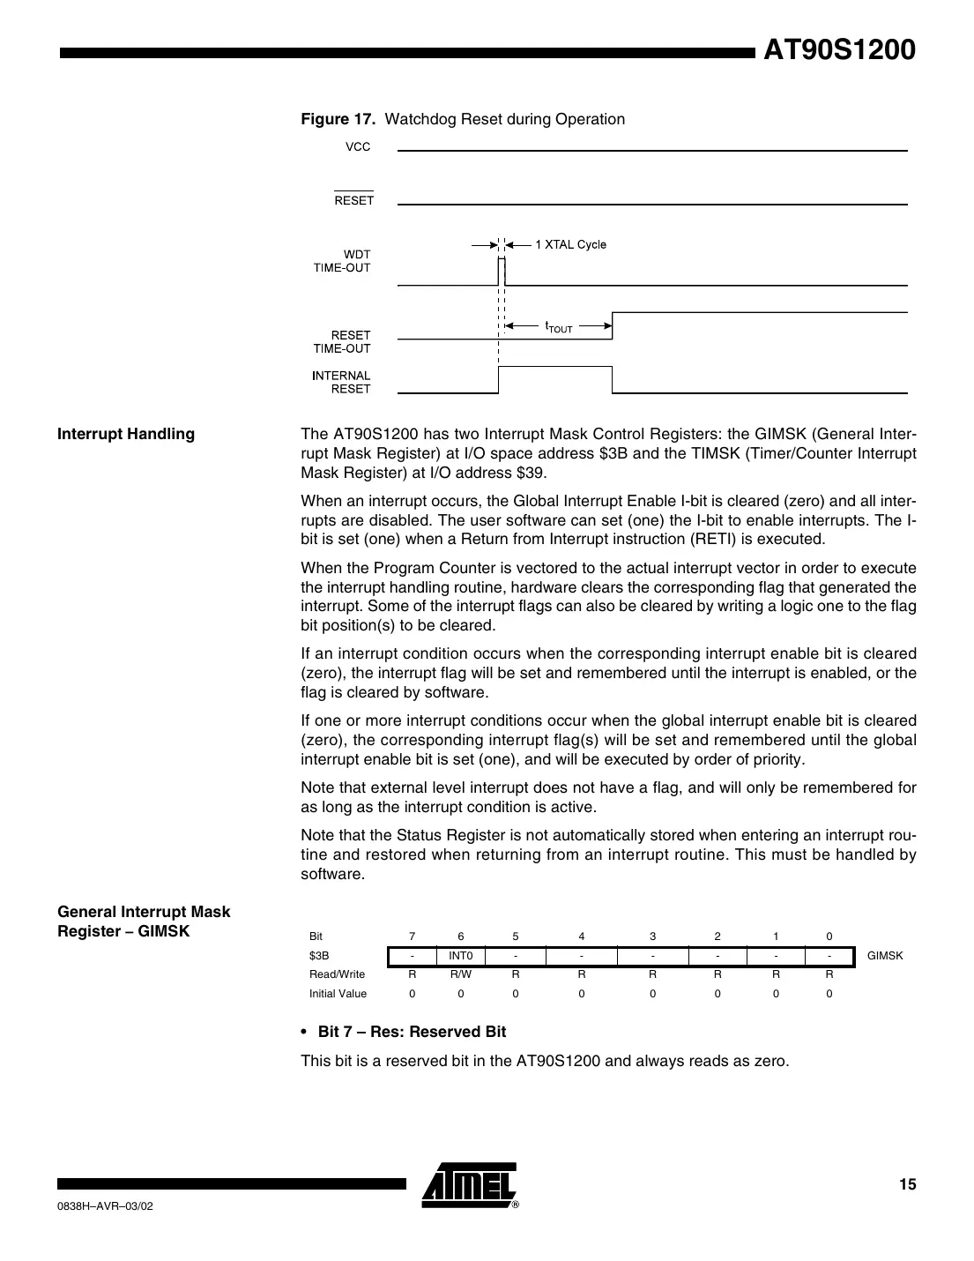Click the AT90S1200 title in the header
click(838, 50)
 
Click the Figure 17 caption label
click(339, 119)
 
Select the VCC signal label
click(357, 147)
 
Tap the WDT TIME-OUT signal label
click(343, 261)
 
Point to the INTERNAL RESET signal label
click(341, 382)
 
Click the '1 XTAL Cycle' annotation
click(570, 244)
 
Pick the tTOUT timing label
click(559, 328)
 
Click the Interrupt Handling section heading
click(125, 434)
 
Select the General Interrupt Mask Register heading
click(143, 921)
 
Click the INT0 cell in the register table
click(460, 956)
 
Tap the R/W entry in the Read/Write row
click(460, 974)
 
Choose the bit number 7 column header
click(412, 936)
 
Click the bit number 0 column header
click(829, 936)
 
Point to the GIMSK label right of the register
click(885, 956)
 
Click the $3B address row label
click(319, 956)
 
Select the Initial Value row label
click(338, 994)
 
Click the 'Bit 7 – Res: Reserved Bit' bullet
click(411, 1032)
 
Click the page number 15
click(907, 1184)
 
